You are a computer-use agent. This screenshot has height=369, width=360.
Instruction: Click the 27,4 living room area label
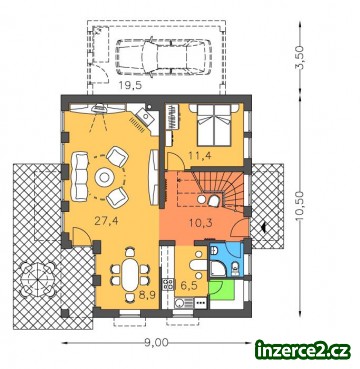point(104,222)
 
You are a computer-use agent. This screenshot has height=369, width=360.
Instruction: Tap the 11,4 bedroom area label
point(200,155)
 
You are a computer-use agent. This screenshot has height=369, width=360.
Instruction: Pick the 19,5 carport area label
point(130,85)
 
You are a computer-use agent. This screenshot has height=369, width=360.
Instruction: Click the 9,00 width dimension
point(157,342)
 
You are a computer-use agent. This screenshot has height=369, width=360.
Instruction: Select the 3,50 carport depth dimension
point(300,58)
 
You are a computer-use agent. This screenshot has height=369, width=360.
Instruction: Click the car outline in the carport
point(164,58)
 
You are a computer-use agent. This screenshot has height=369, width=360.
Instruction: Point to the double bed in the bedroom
point(214,125)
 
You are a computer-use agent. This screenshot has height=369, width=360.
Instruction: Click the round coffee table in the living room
point(105,177)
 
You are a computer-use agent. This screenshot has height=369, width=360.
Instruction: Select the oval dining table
point(130,275)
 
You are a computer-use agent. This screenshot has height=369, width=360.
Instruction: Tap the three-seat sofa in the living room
point(80,176)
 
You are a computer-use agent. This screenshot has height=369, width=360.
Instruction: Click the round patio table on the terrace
point(37,279)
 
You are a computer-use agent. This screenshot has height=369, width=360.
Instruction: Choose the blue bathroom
point(227,259)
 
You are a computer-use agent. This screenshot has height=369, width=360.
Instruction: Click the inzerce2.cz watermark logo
point(303,350)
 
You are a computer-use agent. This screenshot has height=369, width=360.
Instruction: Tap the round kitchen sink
point(180,303)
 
